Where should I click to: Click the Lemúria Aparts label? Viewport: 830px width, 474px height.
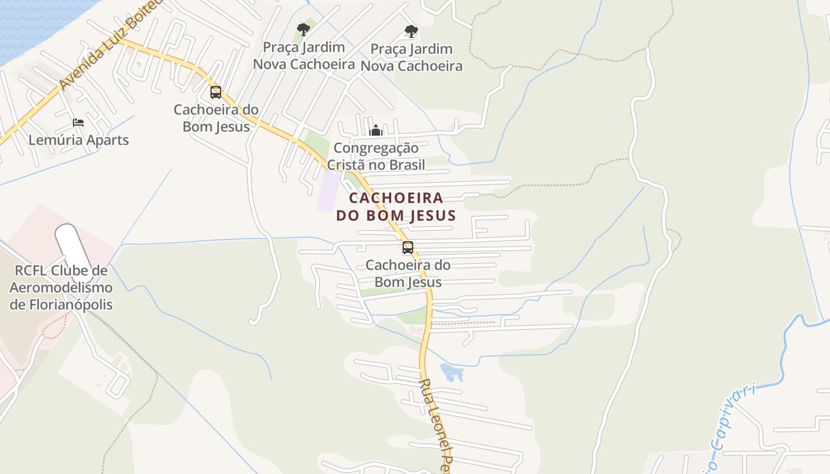(x=79, y=140)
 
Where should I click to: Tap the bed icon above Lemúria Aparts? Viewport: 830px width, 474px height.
(x=78, y=123)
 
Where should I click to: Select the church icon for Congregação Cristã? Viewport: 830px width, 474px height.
(x=376, y=130)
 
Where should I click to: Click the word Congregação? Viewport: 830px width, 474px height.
(x=376, y=148)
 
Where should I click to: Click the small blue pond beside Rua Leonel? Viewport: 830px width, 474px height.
(x=452, y=373)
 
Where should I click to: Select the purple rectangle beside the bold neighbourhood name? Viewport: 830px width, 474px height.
(x=328, y=191)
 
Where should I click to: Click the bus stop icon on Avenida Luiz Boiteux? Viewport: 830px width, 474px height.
(x=216, y=92)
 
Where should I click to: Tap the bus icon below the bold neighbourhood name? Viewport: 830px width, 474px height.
(x=408, y=248)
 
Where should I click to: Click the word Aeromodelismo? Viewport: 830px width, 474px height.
(x=61, y=288)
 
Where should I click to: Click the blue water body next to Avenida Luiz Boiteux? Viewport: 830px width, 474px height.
(x=30, y=24)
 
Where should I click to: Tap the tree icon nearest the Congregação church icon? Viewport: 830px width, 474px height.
(x=411, y=31)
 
